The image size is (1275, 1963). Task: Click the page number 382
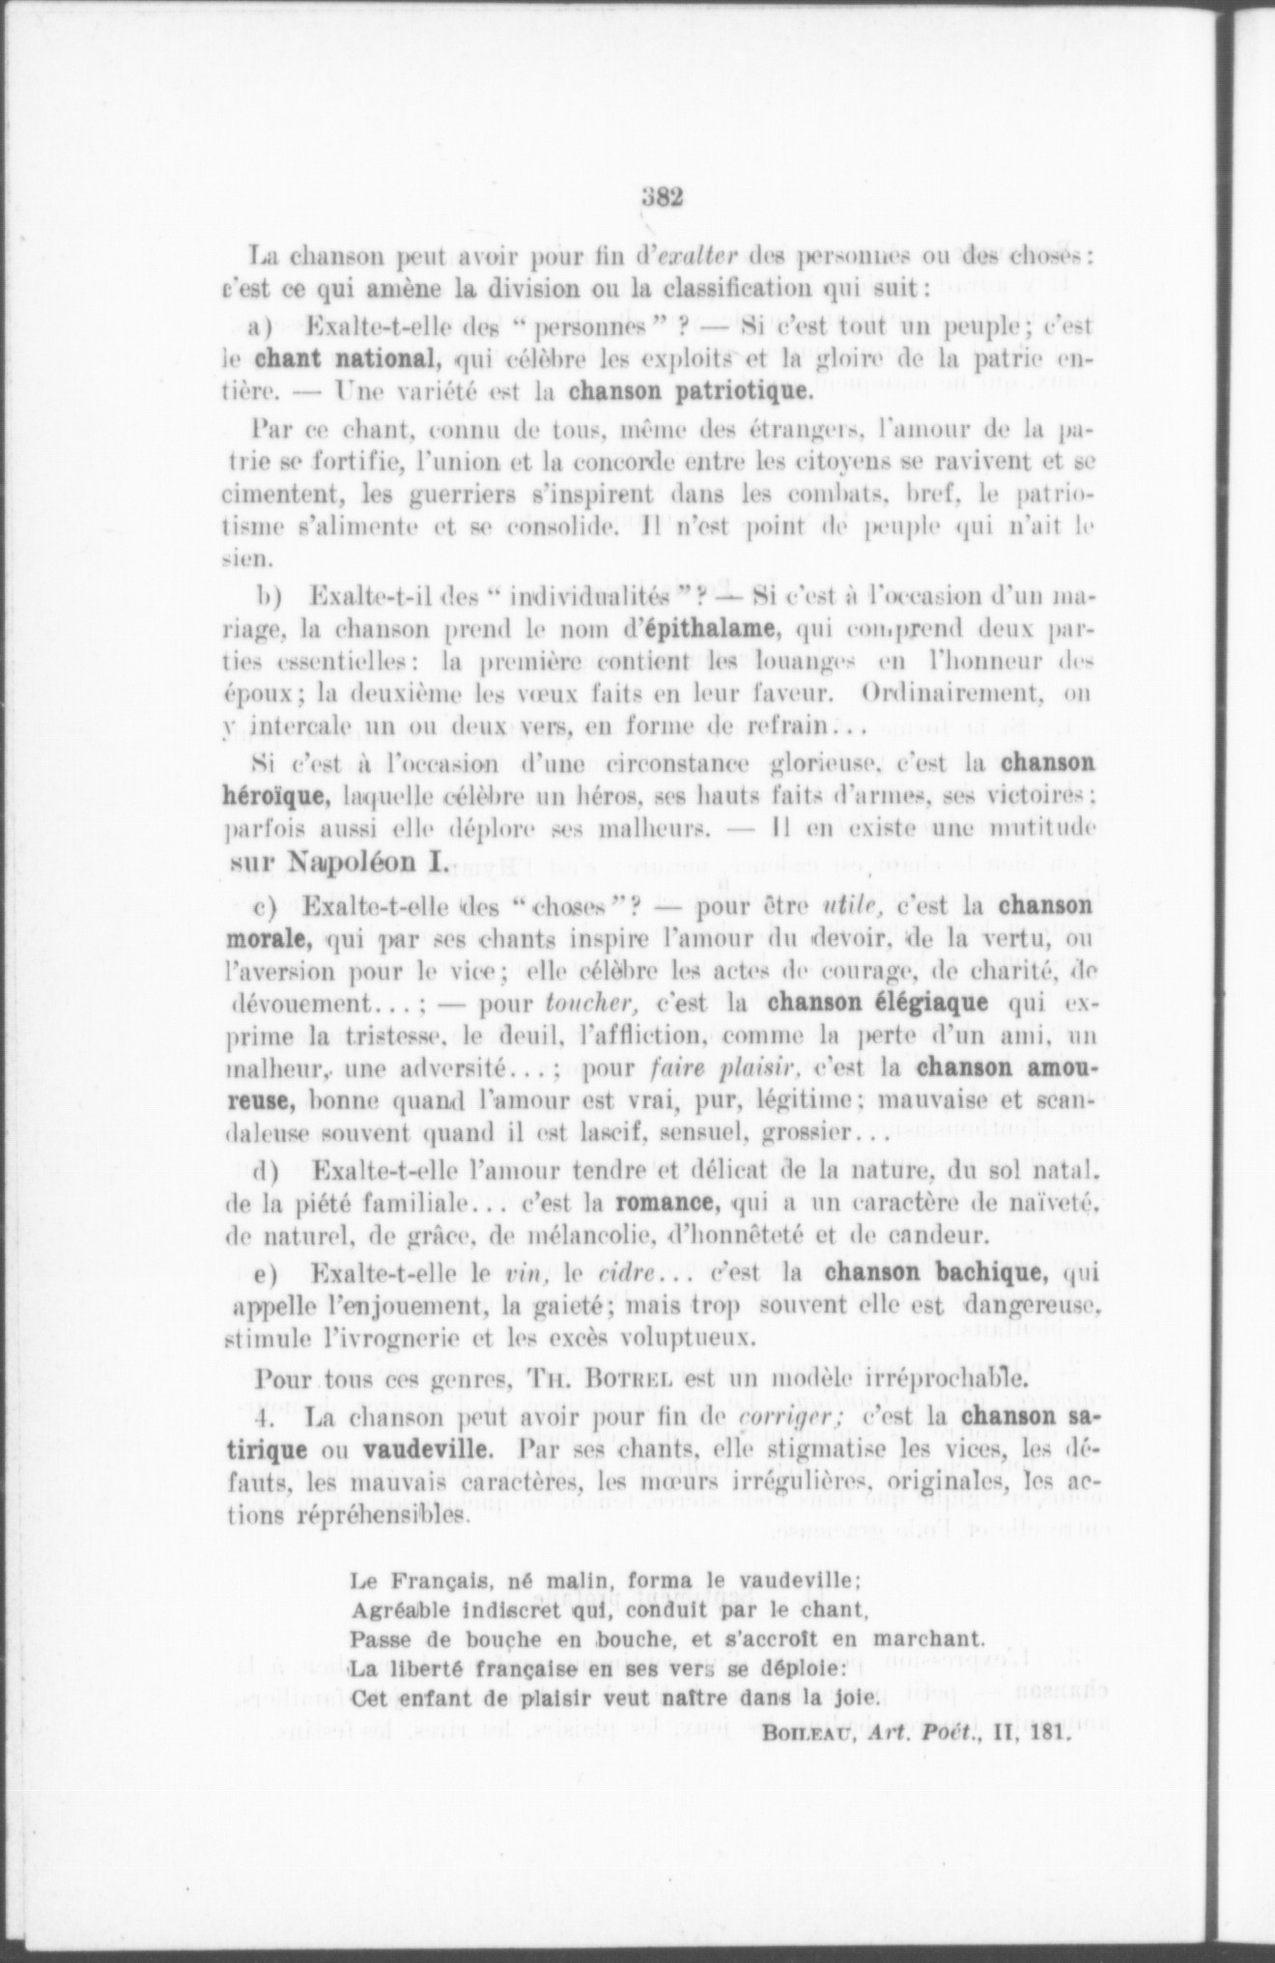(662, 197)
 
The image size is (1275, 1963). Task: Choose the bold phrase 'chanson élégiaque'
(878, 1002)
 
